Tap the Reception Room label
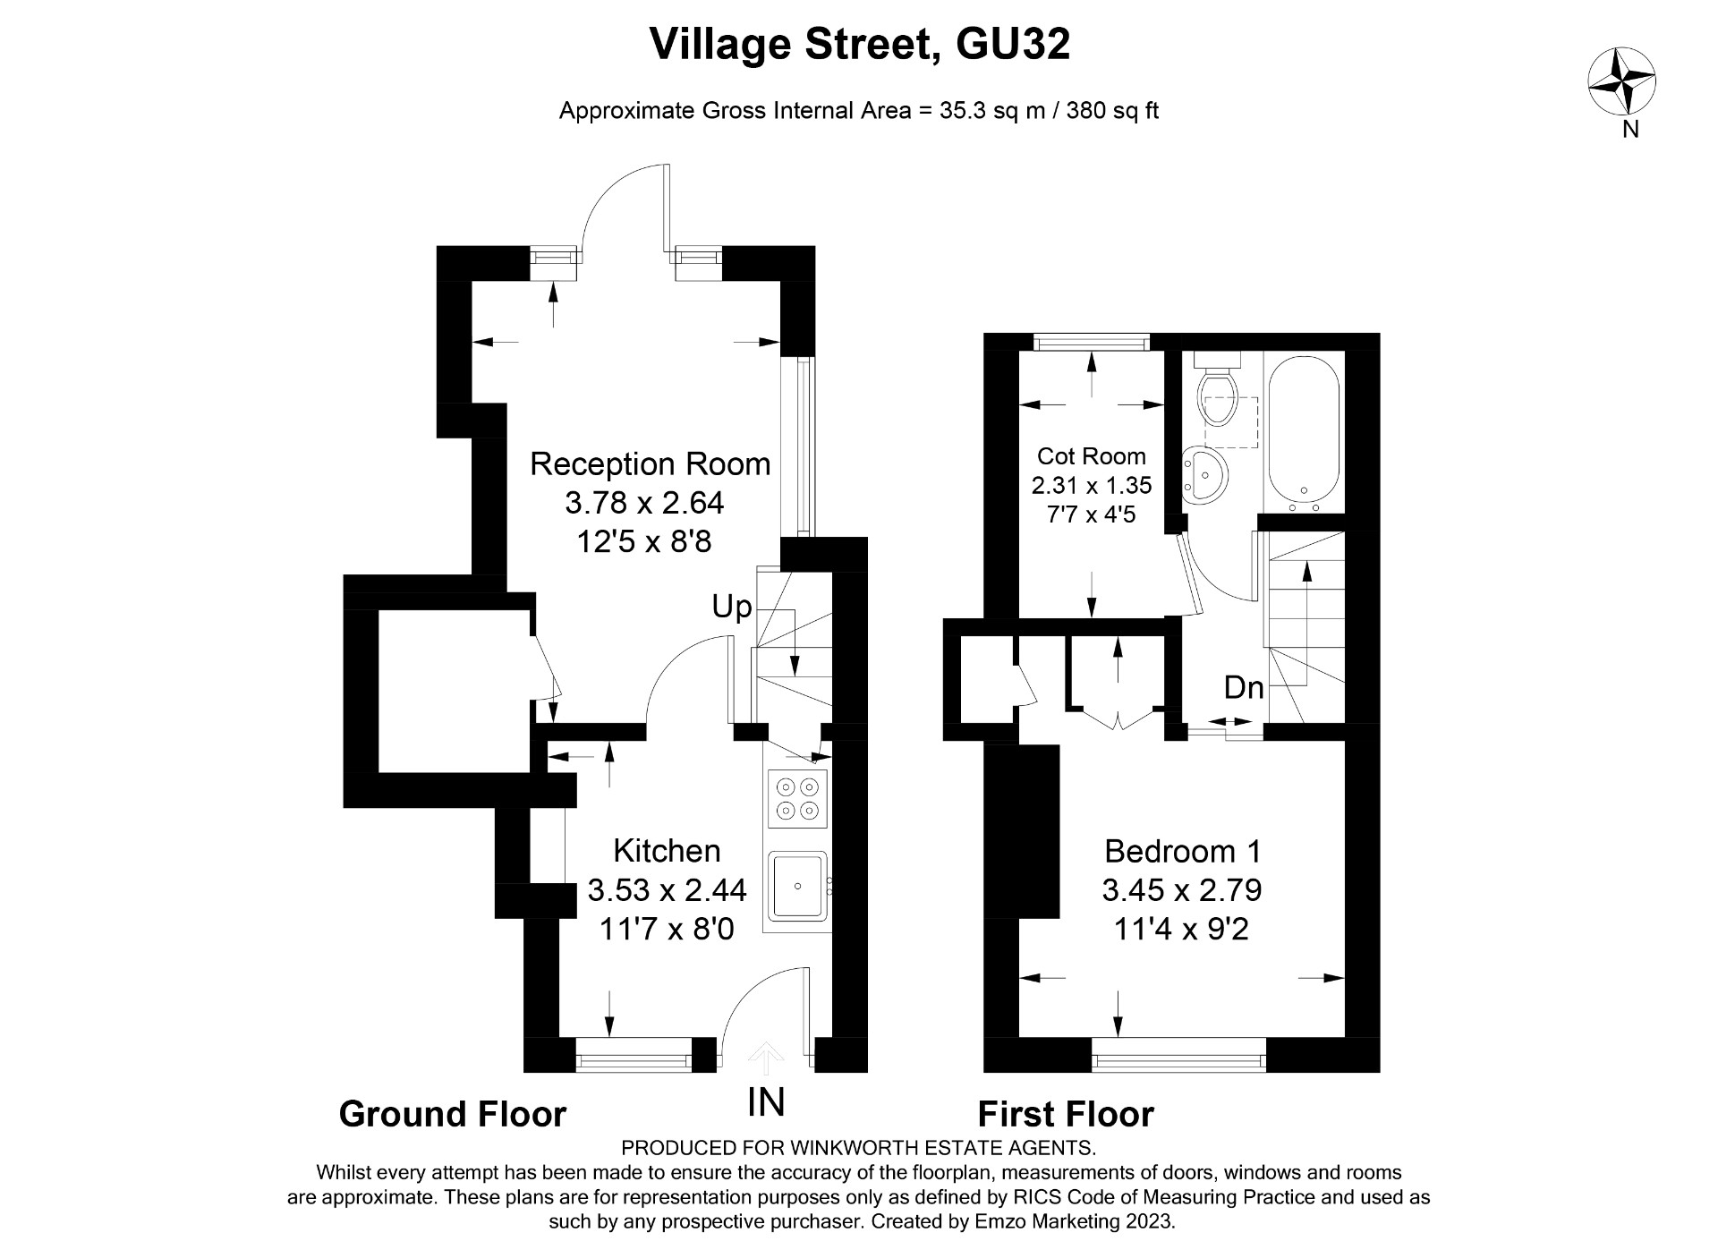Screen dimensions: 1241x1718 [x=650, y=464]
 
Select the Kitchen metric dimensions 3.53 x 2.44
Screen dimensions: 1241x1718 [x=667, y=890]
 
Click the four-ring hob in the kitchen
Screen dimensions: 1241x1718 [x=797, y=799]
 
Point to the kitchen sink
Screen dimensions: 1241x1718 [x=796, y=886]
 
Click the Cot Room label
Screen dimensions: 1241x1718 [x=1091, y=456]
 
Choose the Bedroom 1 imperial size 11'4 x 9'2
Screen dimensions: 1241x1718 [x=1181, y=930]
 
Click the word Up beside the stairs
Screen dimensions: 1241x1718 [x=731, y=608]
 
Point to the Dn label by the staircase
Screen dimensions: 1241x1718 [x=1244, y=687]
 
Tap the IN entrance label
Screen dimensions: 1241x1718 [x=766, y=1101]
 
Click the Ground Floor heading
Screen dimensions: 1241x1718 [x=453, y=1115]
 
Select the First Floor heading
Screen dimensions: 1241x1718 [x=1066, y=1115]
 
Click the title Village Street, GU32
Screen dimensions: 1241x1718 [x=859, y=44]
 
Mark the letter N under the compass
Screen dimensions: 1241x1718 [x=1630, y=130]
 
